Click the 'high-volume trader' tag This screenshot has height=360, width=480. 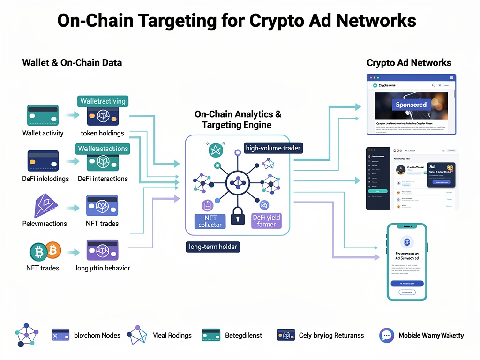(x=273, y=148)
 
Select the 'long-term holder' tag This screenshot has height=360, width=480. (x=213, y=246)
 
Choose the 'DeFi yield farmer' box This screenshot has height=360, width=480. (x=266, y=221)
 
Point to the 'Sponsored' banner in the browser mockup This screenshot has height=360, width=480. (x=411, y=105)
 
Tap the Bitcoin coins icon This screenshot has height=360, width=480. (x=45, y=252)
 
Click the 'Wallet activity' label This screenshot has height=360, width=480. (x=43, y=133)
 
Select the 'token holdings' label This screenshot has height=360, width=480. (x=102, y=133)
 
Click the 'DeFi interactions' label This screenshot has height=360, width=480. (x=103, y=179)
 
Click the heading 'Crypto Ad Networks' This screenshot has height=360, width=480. (x=409, y=63)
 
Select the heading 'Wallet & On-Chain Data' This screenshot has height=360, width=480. (x=72, y=63)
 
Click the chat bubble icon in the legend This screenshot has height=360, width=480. (x=387, y=335)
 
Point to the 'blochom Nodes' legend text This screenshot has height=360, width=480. (x=97, y=335)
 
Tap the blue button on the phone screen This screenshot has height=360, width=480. (x=407, y=284)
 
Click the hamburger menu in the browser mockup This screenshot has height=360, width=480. (x=451, y=77)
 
